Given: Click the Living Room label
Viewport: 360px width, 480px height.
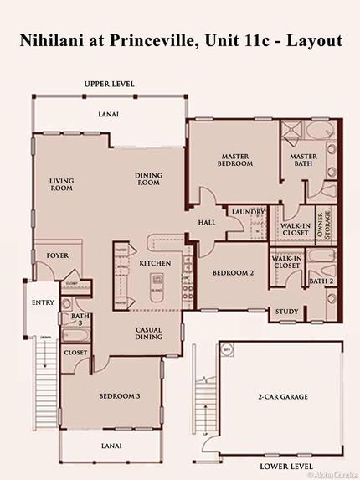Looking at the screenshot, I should coord(61,184).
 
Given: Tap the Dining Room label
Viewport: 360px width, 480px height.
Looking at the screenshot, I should coord(148,179).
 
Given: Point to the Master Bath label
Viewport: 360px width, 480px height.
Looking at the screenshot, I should coord(303,160).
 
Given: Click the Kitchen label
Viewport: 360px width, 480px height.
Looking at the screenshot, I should coord(155,264).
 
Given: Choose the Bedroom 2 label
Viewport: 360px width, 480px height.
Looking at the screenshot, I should coord(232,273).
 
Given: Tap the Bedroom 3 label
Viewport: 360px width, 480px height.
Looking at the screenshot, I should coord(120,395).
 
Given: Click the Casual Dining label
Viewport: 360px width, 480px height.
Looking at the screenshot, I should coord(148,334).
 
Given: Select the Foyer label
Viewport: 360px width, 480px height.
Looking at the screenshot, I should coord(57,255).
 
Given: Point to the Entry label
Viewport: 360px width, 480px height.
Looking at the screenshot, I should coord(43,302).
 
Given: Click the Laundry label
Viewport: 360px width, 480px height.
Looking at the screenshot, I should coord(249,212).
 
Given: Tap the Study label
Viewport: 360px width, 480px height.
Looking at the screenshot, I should coord(287,312).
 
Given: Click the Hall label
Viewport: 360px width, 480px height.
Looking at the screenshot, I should coord(207,223).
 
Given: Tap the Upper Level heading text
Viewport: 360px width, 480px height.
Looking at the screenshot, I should coord(109,85).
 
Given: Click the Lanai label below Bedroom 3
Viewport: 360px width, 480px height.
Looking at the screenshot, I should coord(111,446).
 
